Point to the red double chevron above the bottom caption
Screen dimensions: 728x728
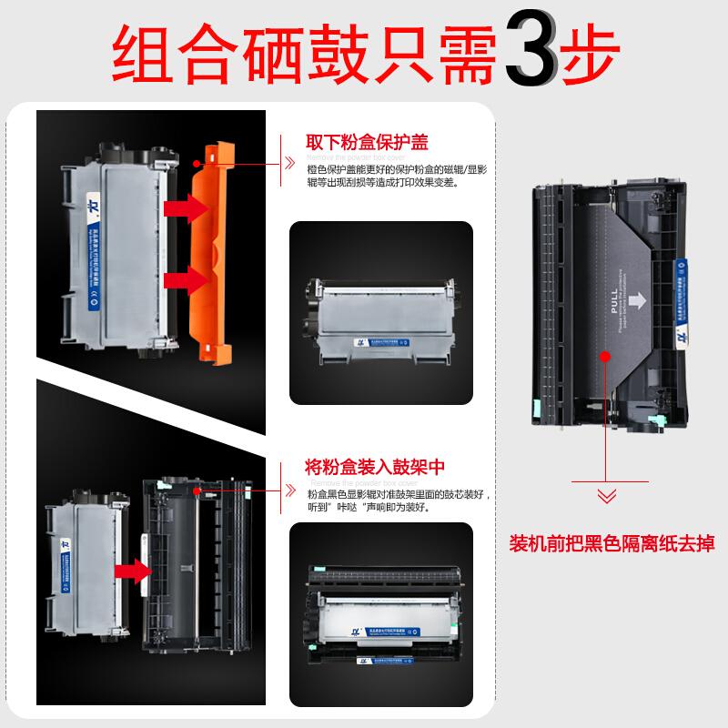point(604,496)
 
